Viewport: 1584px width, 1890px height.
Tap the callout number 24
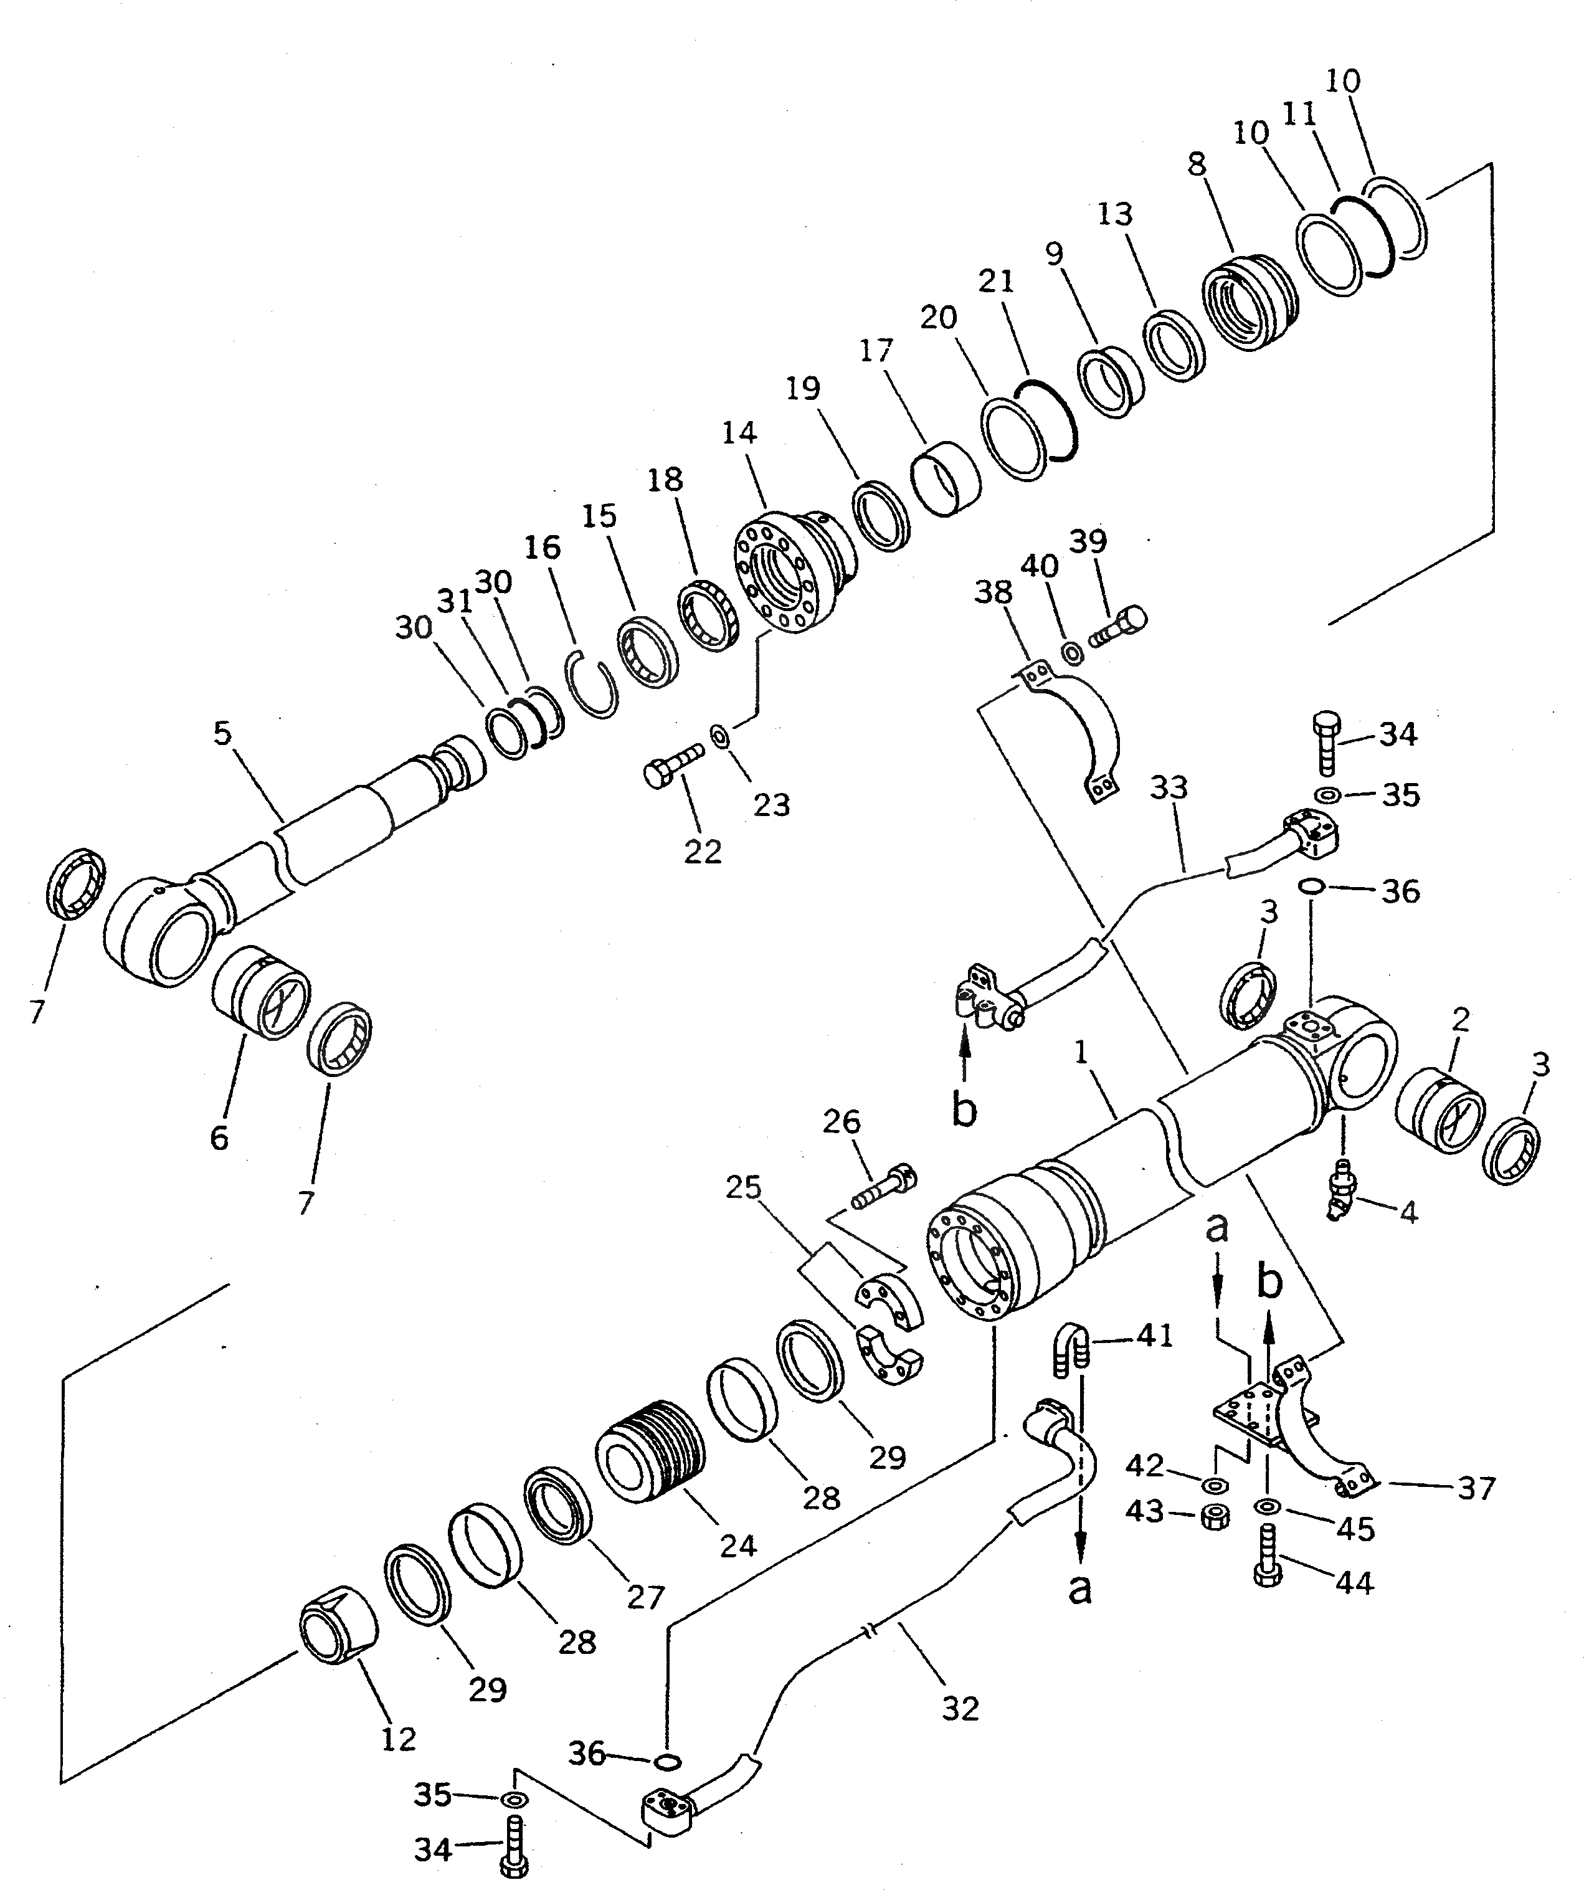(738, 1546)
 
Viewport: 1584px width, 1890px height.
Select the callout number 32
(959, 1707)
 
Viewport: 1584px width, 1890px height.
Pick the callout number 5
(221, 733)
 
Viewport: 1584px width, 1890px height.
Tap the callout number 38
(994, 592)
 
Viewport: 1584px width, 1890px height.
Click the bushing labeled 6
(261, 992)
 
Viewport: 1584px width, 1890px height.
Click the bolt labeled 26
(883, 1188)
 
